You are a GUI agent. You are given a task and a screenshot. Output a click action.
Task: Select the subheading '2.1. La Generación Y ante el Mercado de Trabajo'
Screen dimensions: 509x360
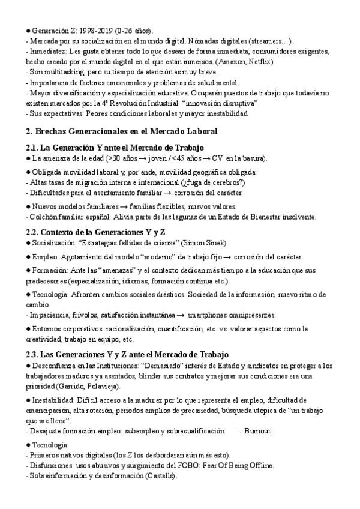click(x=115, y=148)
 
